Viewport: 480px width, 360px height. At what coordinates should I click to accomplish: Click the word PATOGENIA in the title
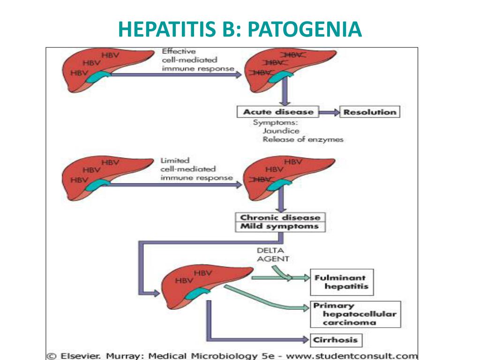(305, 29)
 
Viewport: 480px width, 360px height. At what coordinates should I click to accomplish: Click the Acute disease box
(278, 112)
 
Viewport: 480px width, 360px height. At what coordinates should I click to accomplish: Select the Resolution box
(370, 112)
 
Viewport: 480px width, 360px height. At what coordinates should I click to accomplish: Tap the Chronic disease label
(280, 217)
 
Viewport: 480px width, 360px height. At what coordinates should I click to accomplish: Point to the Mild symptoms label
(279, 226)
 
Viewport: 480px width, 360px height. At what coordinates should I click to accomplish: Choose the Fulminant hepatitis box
(342, 282)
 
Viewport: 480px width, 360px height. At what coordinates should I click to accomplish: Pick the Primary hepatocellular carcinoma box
(355, 314)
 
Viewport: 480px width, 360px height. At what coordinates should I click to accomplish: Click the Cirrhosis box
(336, 340)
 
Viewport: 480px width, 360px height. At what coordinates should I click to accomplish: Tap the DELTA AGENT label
(273, 255)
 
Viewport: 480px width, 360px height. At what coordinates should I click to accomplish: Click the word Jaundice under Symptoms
(281, 131)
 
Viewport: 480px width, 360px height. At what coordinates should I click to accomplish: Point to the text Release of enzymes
(303, 140)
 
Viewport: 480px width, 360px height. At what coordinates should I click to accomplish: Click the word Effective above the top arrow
(179, 51)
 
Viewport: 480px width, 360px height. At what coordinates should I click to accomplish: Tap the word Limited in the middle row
(175, 160)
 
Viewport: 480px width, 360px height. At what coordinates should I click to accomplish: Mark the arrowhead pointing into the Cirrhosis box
(306, 339)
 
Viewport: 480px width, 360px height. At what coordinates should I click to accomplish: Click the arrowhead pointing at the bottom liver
(156, 293)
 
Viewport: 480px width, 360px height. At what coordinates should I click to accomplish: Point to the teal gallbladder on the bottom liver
(197, 293)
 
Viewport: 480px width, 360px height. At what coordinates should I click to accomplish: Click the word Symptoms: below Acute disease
(275, 122)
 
